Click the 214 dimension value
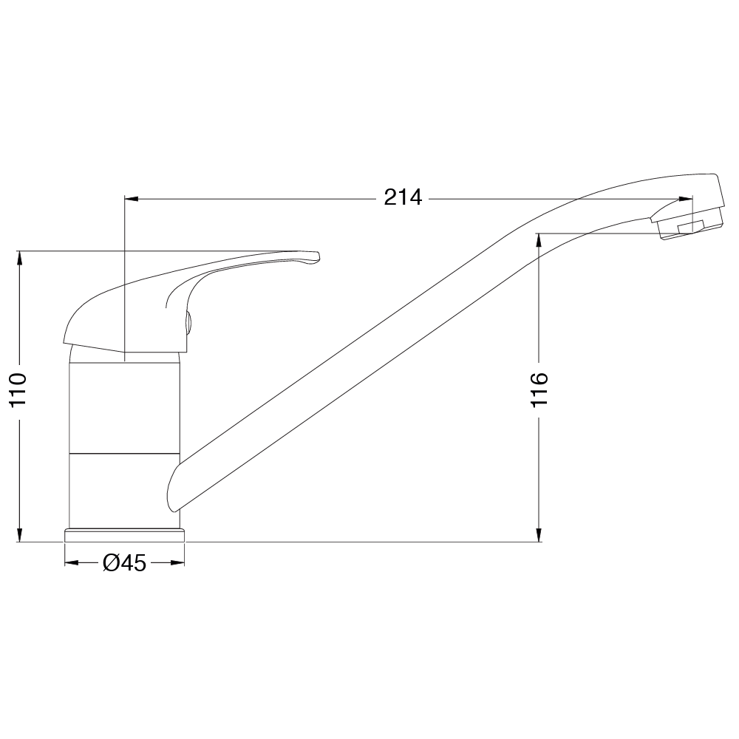point(403,197)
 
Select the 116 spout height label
point(539,389)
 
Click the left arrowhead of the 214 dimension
point(131,199)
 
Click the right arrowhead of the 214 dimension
point(686,199)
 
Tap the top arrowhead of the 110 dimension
point(19,258)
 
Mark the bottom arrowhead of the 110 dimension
point(19,535)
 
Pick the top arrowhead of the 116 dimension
point(539,240)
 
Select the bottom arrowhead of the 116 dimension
point(539,535)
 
